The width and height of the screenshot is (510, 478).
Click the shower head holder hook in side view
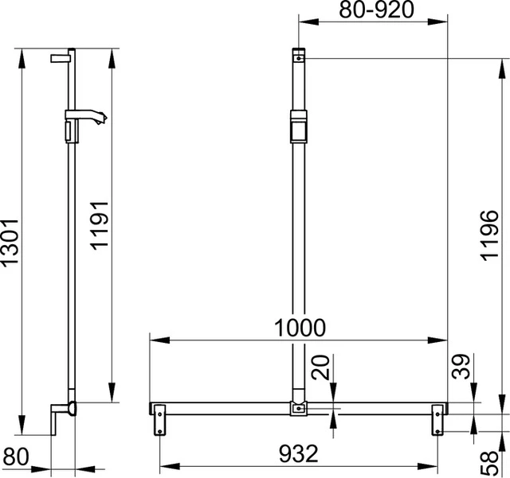point(96,120)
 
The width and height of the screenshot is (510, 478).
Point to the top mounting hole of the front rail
point(298,58)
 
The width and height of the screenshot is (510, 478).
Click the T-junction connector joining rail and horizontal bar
point(298,409)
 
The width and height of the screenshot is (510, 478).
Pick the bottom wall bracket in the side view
point(61,417)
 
